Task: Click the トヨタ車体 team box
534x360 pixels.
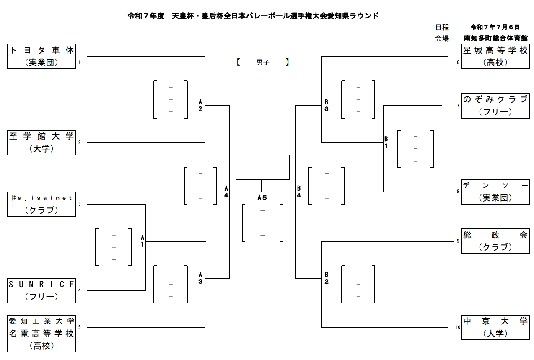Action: [42, 57]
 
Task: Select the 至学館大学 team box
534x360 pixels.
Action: [42, 143]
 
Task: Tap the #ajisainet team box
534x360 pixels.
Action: [42, 205]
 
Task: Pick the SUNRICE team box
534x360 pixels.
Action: [42, 290]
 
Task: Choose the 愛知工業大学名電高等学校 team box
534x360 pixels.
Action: [42, 334]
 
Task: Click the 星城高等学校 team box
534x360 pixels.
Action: [495, 57]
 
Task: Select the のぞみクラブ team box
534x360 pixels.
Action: [495, 106]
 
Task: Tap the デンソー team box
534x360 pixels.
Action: [495, 192]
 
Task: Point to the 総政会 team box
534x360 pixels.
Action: [495, 241]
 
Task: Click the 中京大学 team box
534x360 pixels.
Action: [495, 327]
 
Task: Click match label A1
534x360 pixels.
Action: [143, 241]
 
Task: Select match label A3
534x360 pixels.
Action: [200, 278]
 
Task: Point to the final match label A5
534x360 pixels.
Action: [262, 198]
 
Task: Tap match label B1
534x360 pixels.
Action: [386, 142]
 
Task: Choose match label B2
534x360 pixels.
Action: [327, 278]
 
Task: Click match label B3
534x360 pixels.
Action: [327, 106]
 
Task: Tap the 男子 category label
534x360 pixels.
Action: [263, 62]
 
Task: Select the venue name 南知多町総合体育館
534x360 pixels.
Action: [495, 38]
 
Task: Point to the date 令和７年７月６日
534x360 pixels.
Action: [495, 27]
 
